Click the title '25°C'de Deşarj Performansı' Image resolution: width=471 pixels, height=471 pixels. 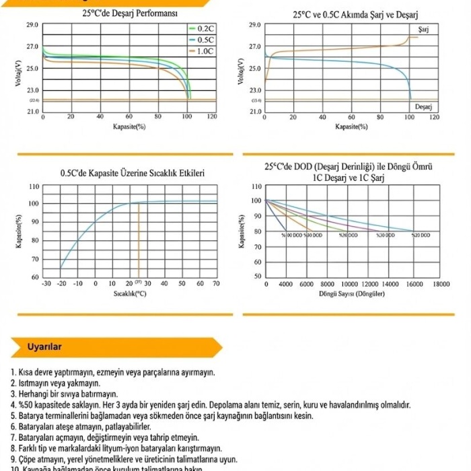point(129,12)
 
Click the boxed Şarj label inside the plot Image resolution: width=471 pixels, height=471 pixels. point(423,30)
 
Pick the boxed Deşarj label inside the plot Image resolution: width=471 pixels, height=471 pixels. point(423,107)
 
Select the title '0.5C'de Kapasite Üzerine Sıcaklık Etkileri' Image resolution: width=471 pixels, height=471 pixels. point(133,173)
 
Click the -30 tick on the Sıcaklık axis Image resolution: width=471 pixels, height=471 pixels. point(46,284)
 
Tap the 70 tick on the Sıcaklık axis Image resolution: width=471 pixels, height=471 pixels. point(216,284)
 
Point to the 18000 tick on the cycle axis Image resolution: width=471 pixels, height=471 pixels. point(441,285)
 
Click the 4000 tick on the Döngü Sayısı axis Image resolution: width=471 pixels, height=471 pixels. point(285,285)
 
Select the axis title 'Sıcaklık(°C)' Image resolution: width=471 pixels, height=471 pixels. point(131,294)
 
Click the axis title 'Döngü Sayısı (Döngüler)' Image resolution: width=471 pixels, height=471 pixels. point(352,294)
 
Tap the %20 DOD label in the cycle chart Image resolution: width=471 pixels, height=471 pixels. point(421,235)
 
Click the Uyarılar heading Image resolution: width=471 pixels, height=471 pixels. point(44,347)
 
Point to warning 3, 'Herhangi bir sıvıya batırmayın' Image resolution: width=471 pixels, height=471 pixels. point(65,394)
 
